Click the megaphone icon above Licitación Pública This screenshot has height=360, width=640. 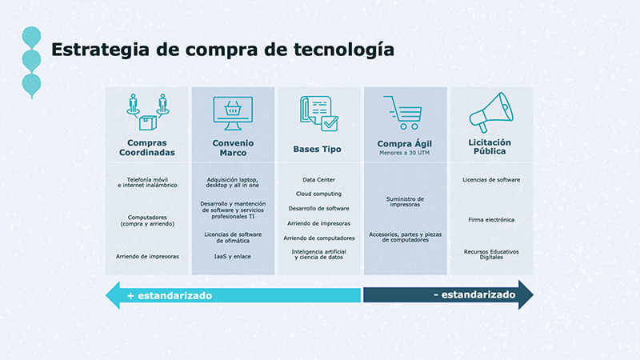coord(491,112)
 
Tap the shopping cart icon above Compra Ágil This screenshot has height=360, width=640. coord(403,113)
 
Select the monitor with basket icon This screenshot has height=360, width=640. coord(233,114)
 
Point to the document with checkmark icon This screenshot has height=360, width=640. coord(319,114)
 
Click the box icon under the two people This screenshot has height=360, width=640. coord(147,122)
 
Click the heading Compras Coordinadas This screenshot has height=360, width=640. coord(147,147)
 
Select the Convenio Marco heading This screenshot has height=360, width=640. coord(233,148)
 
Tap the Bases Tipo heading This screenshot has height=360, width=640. coord(317,149)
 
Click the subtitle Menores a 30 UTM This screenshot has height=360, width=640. coord(404,153)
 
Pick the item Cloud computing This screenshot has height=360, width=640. coord(318,194)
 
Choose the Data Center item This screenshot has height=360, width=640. coord(318,179)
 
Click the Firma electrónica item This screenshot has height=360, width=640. coord(491,219)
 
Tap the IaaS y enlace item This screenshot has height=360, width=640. coord(233,256)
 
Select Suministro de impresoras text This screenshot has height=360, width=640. coord(405,202)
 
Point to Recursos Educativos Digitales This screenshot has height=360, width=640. coord(491,254)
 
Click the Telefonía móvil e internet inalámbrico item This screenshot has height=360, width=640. coord(147,182)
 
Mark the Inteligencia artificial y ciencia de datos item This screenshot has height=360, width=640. coord(318,254)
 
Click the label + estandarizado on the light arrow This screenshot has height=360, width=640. coord(170,295)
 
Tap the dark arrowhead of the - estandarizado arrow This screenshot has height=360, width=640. coord(526,294)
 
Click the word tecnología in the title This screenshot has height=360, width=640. coord(344,50)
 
